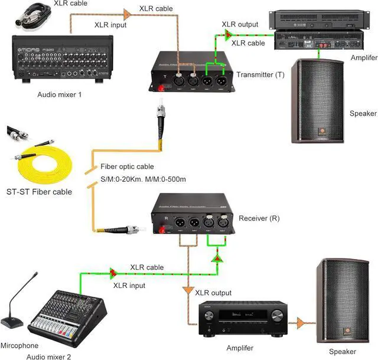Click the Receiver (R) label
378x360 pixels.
(x=259, y=218)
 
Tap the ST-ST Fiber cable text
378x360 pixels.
(x=39, y=191)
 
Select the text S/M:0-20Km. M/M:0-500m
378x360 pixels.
(x=144, y=178)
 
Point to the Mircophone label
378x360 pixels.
(x=19, y=345)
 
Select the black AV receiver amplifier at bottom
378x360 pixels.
(x=241, y=322)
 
